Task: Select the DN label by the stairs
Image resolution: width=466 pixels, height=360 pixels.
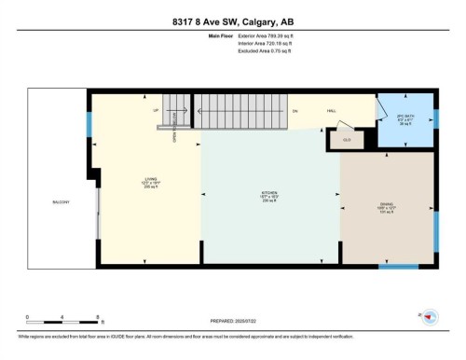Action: pyautogui.click(x=294, y=110)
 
